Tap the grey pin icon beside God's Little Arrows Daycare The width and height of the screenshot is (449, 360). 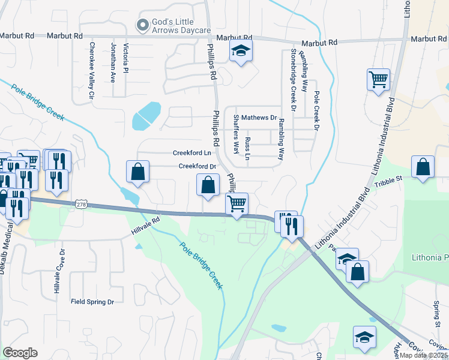pos(142,25)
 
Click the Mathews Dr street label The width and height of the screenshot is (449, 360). pos(259,118)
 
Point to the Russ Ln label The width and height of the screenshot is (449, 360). pos(247,148)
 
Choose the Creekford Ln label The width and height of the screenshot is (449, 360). pos(193,153)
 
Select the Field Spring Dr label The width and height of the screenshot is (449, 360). pos(92,302)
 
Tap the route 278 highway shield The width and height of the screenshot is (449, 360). pos(82,205)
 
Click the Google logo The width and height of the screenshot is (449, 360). pos(20,353)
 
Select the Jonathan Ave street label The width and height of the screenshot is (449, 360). pos(112,62)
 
